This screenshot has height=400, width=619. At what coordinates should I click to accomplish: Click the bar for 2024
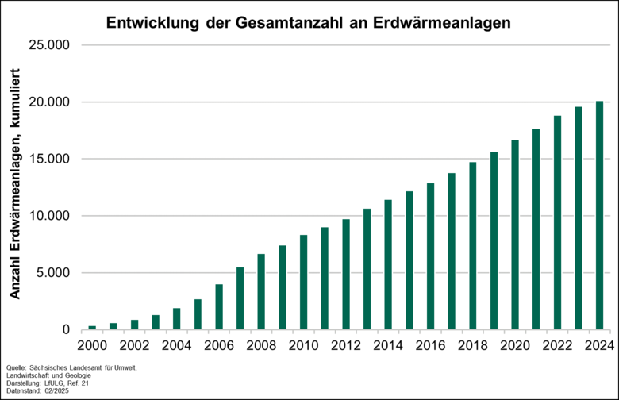[600, 215]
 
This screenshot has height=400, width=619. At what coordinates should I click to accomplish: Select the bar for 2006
[219, 306]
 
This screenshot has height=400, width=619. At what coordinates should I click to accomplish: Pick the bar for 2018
[473, 245]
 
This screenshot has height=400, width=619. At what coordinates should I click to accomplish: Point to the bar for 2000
[92, 327]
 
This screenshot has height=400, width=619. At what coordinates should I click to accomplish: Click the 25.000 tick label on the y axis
[49, 45]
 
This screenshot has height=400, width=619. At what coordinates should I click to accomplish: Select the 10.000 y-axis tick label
[49, 216]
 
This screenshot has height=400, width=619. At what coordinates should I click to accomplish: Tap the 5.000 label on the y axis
[53, 273]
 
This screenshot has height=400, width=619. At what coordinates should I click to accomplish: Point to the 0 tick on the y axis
[67, 330]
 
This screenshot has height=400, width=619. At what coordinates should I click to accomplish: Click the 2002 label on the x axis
[134, 346]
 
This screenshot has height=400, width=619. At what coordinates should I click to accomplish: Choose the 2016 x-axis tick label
[431, 346]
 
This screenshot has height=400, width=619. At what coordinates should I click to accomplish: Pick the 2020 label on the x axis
[515, 346]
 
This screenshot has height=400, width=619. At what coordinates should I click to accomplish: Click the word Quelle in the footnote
[16, 367]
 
